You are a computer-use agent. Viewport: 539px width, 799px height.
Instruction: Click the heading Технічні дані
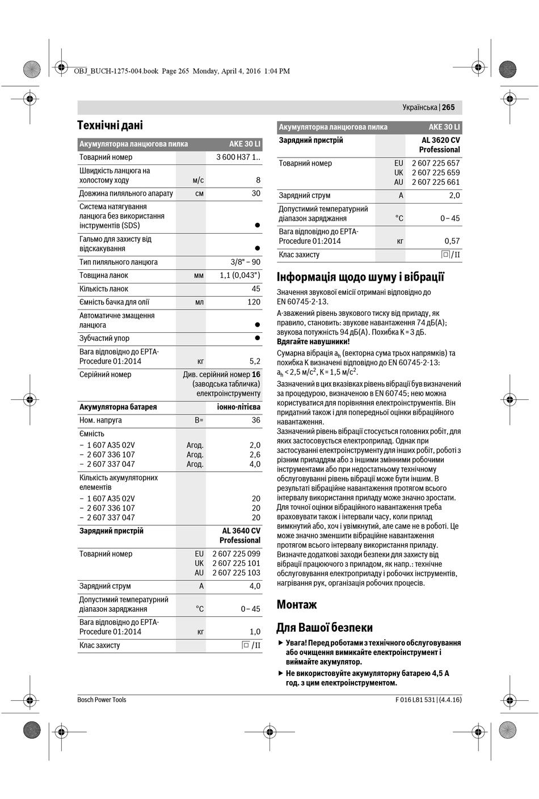click(110, 125)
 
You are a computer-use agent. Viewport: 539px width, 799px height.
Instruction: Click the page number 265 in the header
click(448, 107)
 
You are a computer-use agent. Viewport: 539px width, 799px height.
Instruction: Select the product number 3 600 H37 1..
click(238, 157)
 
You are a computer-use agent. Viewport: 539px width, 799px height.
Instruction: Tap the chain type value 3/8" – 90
click(245, 262)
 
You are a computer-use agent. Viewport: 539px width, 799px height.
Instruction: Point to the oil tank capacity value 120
click(254, 302)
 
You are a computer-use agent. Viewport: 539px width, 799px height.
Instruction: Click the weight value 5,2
click(255, 361)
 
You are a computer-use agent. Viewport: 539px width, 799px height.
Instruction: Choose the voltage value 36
click(256, 420)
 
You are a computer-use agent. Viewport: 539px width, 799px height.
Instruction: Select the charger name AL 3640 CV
click(241, 531)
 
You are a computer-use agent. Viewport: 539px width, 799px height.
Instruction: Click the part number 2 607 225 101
click(236, 563)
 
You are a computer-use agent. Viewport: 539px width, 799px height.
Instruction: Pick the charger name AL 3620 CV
click(440, 140)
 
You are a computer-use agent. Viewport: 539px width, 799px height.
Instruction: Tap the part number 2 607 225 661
click(436, 182)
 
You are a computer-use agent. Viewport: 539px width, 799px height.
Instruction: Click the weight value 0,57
click(452, 241)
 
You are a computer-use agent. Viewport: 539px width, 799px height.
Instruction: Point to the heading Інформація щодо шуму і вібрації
click(360, 277)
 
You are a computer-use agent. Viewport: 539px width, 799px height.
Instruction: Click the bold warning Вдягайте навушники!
click(313, 341)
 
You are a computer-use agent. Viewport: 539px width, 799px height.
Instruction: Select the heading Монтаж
click(297, 604)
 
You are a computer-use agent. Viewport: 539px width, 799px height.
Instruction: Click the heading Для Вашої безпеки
click(325, 628)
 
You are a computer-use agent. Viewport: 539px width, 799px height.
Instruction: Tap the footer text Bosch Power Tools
click(102, 700)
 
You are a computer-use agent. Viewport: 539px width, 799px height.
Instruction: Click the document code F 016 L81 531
click(415, 700)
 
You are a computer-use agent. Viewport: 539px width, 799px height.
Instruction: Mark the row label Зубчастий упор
click(104, 339)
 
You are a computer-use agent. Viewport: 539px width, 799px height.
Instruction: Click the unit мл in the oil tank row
click(199, 302)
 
